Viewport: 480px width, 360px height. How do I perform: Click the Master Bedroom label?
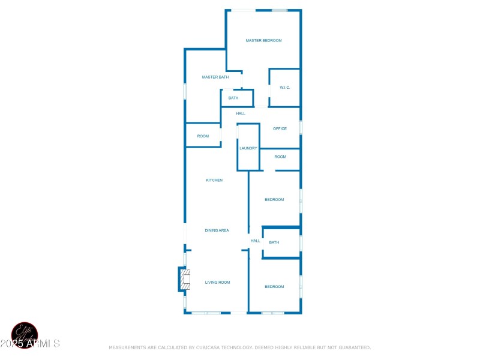(x=263, y=41)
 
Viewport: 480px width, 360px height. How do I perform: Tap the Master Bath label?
(x=215, y=77)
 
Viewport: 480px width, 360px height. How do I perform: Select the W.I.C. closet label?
(x=284, y=88)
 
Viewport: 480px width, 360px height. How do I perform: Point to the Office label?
(x=280, y=129)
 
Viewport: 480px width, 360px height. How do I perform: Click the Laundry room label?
(x=248, y=148)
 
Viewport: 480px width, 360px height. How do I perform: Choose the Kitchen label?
(x=214, y=180)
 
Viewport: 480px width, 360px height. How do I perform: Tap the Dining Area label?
(x=217, y=230)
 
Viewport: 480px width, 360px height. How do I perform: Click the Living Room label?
(x=217, y=282)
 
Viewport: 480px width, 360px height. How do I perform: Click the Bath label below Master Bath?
(x=233, y=98)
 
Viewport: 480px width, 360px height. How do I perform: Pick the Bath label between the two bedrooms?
(x=274, y=242)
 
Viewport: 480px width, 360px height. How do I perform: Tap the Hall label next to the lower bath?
(x=256, y=241)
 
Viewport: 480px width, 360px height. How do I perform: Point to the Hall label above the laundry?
(x=241, y=113)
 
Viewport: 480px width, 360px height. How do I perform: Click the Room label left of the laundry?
(x=203, y=136)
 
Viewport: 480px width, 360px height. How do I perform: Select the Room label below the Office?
(x=280, y=157)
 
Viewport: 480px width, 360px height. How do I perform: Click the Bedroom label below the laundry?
(x=274, y=200)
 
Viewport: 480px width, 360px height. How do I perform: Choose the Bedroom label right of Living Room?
(x=274, y=287)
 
